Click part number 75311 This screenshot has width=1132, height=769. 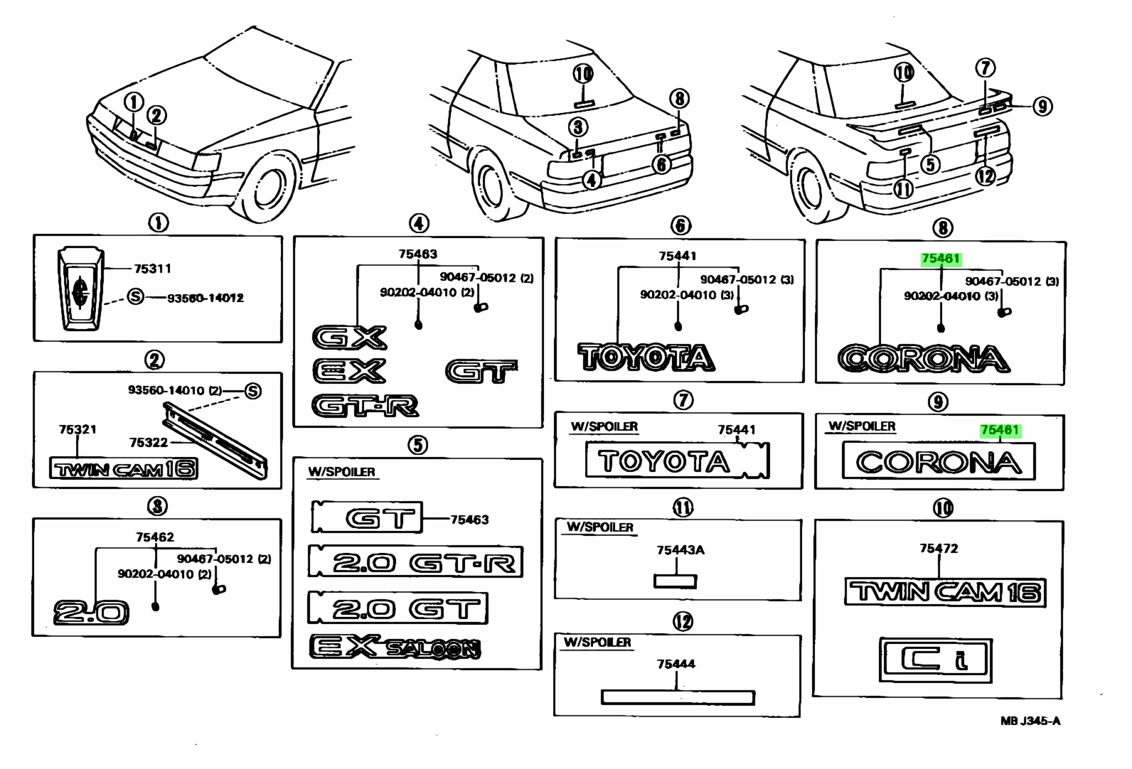[x=152, y=268]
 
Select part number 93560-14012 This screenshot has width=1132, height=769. [x=205, y=298]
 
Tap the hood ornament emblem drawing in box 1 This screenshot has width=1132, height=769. [x=80, y=289]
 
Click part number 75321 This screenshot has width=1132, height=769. [x=78, y=429]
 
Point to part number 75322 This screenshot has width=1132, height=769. [x=148, y=443]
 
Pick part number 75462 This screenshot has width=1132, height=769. [x=154, y=537]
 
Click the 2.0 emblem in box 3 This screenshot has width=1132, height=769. [x=91, y=613]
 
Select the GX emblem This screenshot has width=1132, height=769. [x=349, y=337]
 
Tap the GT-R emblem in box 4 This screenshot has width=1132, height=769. [x=365, y=406]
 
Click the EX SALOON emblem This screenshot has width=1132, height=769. [x=395, y=647]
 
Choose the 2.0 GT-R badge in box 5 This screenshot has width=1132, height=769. [x=415, y=561]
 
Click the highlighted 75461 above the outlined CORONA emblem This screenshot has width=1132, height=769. [x=940, y=259]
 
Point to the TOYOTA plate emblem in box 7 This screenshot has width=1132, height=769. [x=677, y=461]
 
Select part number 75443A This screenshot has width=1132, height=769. [x=680, y=549]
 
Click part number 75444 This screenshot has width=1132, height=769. [x=676, y=664]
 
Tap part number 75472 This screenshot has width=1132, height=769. [x=939, y=548]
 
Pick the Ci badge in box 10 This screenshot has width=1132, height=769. [x=936, y=660]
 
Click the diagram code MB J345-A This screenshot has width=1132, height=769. [x=1030, y=721]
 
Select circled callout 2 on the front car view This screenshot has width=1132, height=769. [x=156, y=115]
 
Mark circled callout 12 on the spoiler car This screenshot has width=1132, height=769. [x=986, y=176]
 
